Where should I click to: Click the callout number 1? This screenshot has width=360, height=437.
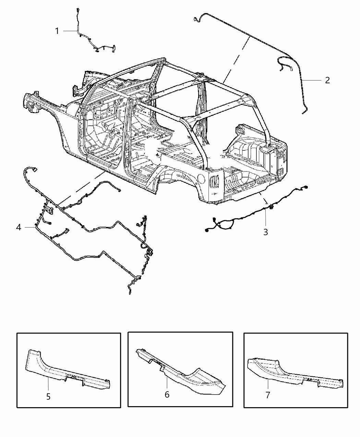point(57,31)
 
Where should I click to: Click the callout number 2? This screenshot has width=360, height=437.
point(327,80)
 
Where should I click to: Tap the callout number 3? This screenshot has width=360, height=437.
point(265,232)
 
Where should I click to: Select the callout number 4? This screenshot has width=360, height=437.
point(19,227)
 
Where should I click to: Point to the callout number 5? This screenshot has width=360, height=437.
point(48,397)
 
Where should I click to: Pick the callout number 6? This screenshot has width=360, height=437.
point(167,394)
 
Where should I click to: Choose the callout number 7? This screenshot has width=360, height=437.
point(268,395)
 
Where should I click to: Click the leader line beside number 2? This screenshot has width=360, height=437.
point(312,80)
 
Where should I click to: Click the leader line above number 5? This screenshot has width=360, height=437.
point(48,384)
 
